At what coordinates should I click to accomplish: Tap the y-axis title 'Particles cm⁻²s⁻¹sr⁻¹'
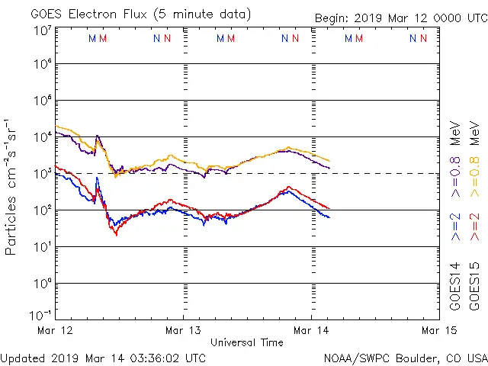point(11,186)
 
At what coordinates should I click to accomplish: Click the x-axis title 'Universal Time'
point(247,342)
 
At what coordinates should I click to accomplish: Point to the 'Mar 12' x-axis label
point(55,330)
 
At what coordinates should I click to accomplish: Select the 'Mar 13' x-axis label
point(184,330)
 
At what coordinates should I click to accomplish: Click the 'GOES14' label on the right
point(455,286)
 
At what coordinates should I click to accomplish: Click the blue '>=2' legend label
point(455,227)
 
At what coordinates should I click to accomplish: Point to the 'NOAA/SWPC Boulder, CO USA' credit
point(405,358)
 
